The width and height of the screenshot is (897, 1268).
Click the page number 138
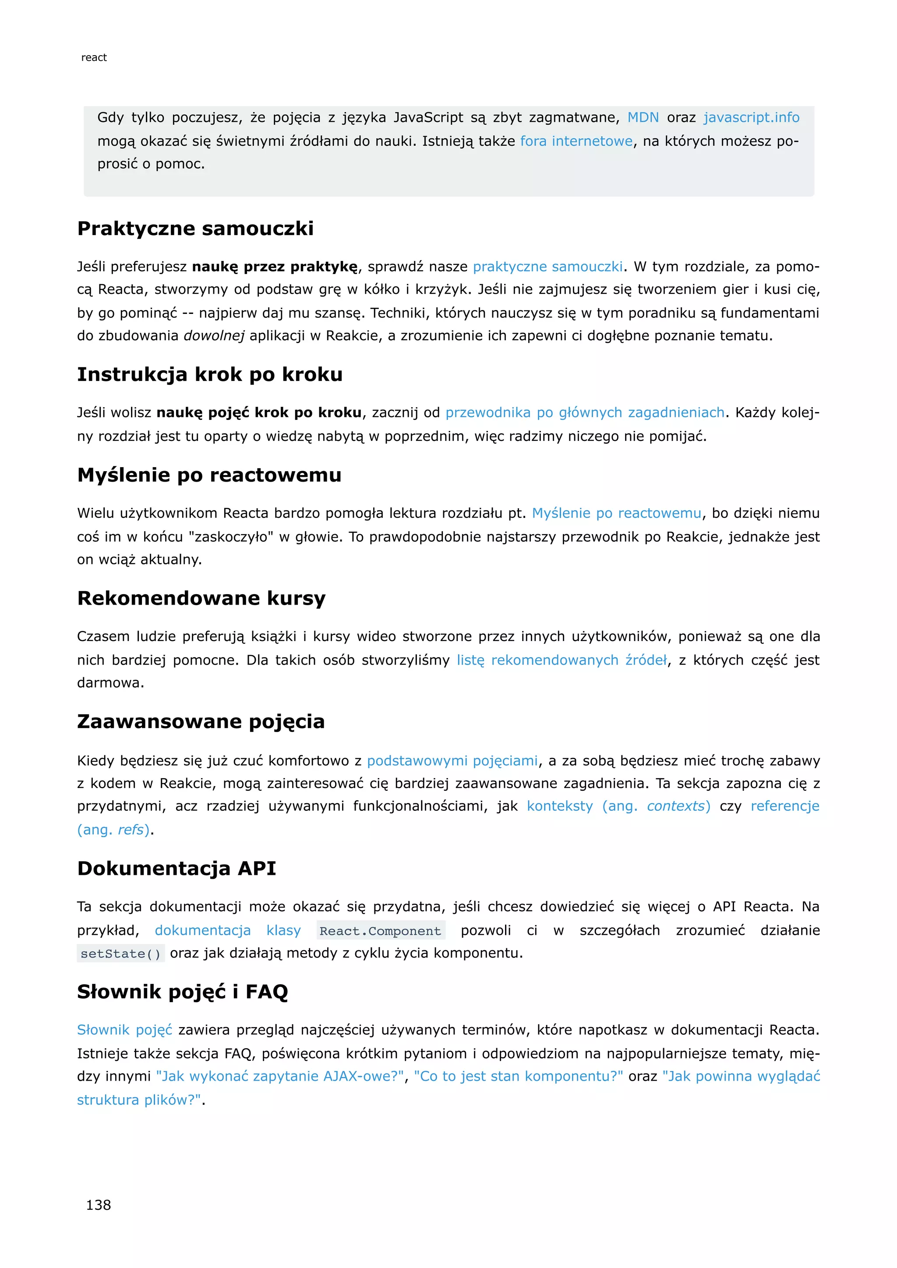(98, 1205)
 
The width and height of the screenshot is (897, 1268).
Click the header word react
(94, 57)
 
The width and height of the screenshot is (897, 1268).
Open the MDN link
(643, 118)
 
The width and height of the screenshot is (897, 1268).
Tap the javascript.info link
(751, 118)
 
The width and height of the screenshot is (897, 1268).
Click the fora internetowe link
(576, 141)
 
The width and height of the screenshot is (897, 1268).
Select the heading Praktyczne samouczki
(195, 229)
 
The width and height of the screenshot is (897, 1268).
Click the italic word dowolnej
(214, 336)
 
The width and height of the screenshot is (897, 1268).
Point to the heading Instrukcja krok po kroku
(210, 374)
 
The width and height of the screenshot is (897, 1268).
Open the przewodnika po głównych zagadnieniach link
(585, 412)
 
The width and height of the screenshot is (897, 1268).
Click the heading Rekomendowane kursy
(201, 598)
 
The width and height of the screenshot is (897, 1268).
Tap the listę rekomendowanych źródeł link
(562, 660)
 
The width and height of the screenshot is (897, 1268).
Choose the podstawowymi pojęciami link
(452, 761)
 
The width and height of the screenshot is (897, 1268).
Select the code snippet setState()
(120, 954)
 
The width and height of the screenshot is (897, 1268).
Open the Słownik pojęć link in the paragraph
(125, 1030)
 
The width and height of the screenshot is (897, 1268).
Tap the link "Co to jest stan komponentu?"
(518, 1076)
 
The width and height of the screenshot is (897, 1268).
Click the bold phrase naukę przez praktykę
(275, 267)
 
